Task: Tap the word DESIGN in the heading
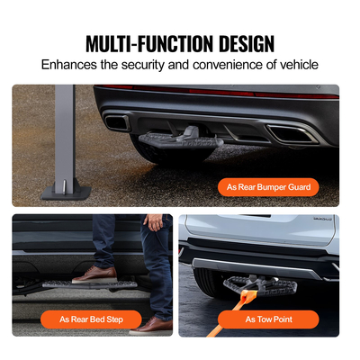pyautogui.click(x=243, y=43)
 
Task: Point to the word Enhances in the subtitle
pyautogui.click(x=72, y=66)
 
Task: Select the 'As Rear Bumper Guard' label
pyautogui.click(x=267, y=187)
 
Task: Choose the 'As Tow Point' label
pyautogui.click(x=268, y=319)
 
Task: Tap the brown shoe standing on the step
pyautogui.click(x=94, y=274)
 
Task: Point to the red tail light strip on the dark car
pyautogui.click(x=216, y=93)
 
